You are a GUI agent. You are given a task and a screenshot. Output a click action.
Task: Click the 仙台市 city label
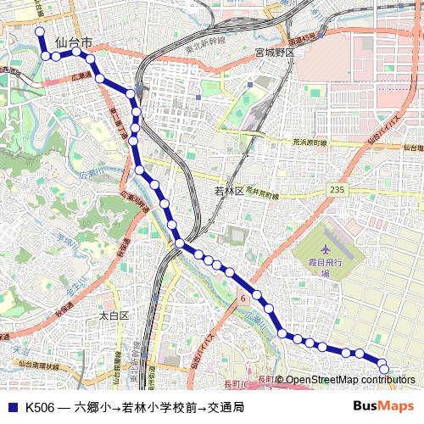pos(72,42)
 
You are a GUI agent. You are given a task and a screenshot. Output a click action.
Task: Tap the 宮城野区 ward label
pos(275,52)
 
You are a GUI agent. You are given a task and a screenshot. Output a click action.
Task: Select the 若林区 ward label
pos(229,192)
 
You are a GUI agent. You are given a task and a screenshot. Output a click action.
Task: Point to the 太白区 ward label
pos(113,315)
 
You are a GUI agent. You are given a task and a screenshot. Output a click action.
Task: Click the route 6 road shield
pos(243,298)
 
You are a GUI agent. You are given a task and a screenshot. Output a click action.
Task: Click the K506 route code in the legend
pos(39,408)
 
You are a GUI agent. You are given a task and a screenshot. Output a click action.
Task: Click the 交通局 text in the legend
pos(226,408)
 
